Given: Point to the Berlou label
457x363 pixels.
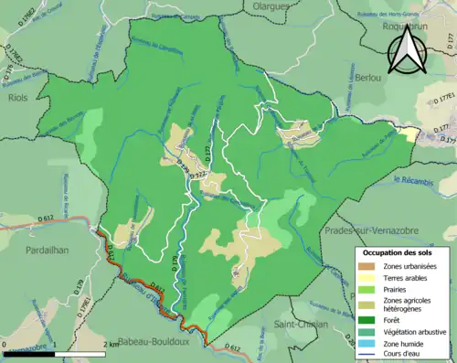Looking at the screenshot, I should point(368,79).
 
